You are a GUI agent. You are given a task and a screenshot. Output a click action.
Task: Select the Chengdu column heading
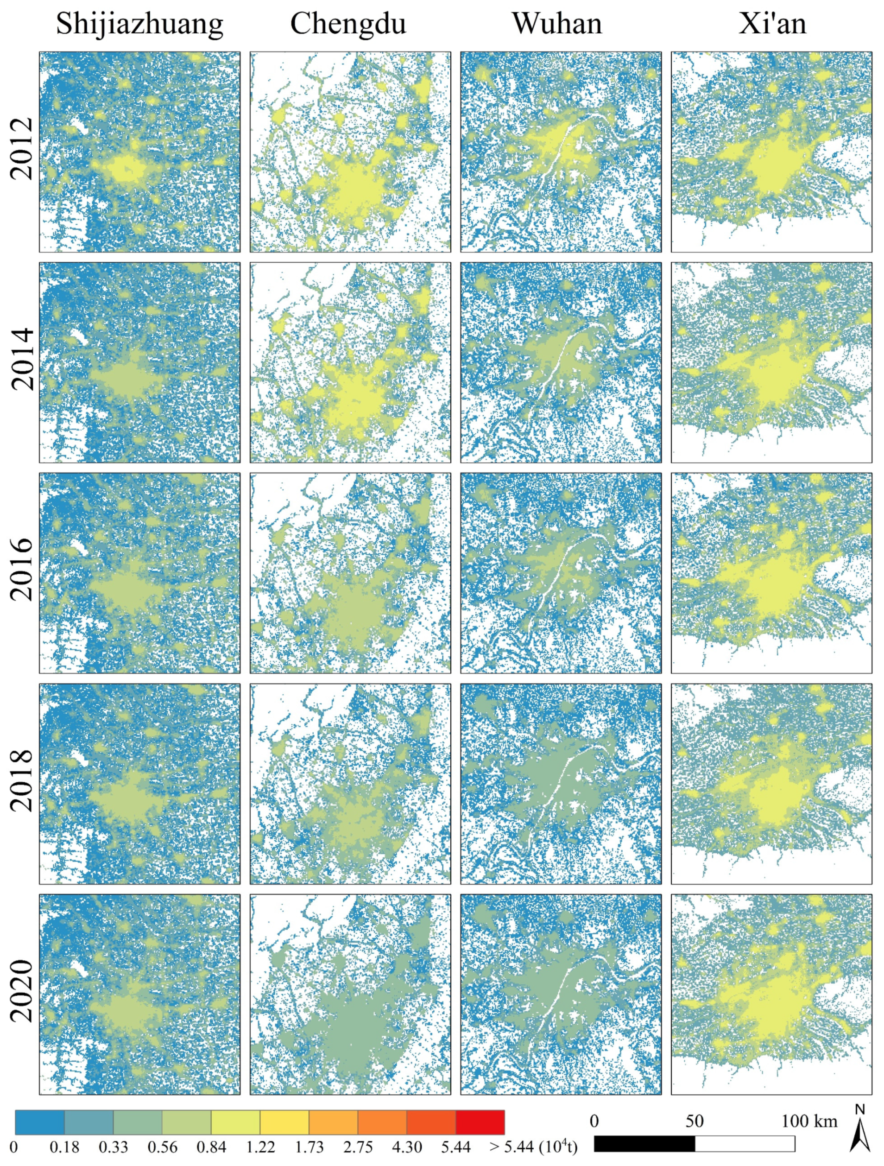[348, 23]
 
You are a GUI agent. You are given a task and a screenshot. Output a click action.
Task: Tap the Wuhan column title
[557, 23]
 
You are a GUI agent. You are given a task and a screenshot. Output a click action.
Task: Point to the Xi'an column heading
[772, 23]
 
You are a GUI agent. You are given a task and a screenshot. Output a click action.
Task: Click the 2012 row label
[22, 149]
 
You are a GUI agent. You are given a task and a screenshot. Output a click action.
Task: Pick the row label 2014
[22, 360]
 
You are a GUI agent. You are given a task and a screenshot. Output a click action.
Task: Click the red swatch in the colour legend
[480, 1122]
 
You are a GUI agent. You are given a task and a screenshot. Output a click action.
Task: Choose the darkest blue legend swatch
[39, 1122]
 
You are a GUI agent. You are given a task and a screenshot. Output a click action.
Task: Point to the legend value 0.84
[211, 1147]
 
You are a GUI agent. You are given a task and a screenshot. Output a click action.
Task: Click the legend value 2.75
[358, 1147]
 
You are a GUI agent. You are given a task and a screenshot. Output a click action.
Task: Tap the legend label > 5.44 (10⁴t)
[533, 1147]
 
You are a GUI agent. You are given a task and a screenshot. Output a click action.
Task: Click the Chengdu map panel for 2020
[350, 994]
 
